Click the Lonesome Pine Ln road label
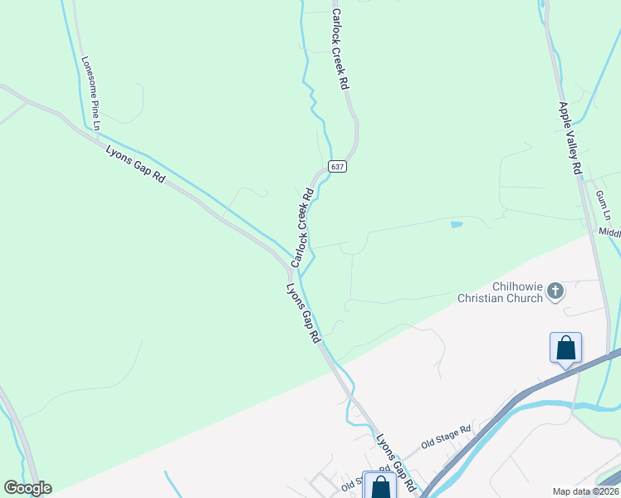[x=90, y=93]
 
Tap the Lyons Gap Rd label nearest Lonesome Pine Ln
[x=136, y=164]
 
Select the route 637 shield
[x=336, y=166]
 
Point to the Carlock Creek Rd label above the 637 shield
[x=340, y=50]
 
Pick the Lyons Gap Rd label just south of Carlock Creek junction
[x=304, y=314]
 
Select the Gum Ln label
[x=602, y=205]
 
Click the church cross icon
[x=555, y=290]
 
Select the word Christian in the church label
[x=483, y=299]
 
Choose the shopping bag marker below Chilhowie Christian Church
[x=565, y=347]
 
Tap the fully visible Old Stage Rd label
[x=445, y=436]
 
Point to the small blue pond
[x=456, y=224]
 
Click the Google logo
[x=27, y=488]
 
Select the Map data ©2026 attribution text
[x=585, y=491]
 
